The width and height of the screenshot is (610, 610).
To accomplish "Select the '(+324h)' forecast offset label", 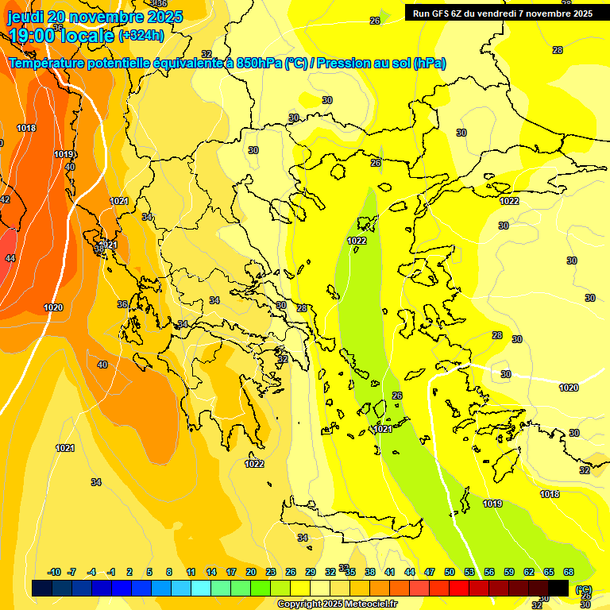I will coord(141,35).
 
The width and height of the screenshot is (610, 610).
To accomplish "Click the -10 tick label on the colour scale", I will coord(54,573).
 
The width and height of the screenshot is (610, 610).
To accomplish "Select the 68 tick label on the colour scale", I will coord(569,573).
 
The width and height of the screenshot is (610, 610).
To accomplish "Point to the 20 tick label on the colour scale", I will coord(250,573).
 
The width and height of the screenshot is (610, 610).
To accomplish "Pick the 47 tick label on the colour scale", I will coord(430,573).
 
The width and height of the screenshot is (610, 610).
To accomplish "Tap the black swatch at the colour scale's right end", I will coord(558,589).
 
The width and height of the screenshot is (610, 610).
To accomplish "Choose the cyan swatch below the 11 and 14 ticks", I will coord(200,589).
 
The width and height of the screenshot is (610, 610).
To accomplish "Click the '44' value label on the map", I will coord(10,258).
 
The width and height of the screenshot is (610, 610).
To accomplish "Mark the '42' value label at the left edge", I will coord(5,199).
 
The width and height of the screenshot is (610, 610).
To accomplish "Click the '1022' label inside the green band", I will coord(357,241).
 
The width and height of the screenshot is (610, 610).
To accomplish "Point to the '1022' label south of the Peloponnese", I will coord(255,464).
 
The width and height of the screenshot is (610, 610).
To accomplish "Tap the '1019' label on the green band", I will coord(492,504).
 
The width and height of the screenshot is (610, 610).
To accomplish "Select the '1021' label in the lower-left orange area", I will coord(65,449).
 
